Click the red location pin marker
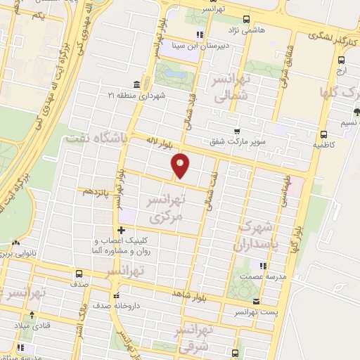pyautogui.click(x=181, y=165)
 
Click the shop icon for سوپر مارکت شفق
pyautogui.click(x=238, y=131)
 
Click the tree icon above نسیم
pyautogui.click(x=356, y=111)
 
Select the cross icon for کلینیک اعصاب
pyautogui.click(x=122, y=230)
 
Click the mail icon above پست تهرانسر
pyautogui.click(x=255, y=300)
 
